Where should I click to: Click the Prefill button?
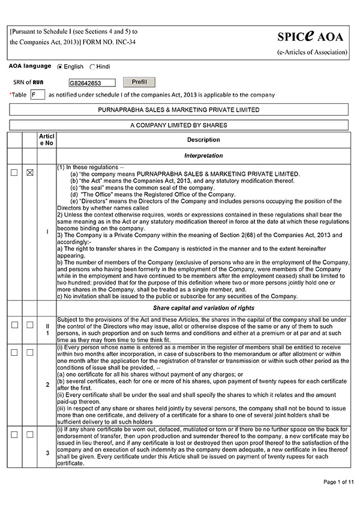139,82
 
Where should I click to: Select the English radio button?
59,67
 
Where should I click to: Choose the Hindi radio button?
92,67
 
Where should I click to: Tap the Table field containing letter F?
37,95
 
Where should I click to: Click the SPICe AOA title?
311,37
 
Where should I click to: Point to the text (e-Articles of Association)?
311,52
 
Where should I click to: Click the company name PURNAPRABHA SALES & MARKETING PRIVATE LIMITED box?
179,110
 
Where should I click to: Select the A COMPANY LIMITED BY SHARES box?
179,125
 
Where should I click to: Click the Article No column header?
47,140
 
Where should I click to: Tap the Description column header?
203,140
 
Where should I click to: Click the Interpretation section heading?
203,156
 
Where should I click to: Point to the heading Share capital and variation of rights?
203,308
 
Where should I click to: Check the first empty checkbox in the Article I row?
14,173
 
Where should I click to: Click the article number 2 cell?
47,385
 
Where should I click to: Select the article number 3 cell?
47,452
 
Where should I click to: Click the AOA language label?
29,67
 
